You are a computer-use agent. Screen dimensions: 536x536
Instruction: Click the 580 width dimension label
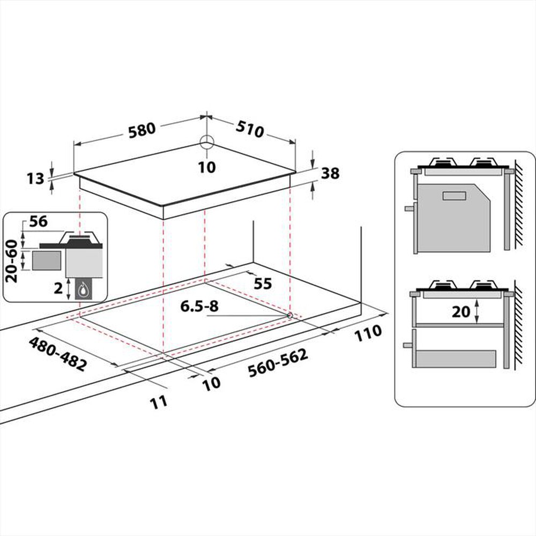(x=142, y=130)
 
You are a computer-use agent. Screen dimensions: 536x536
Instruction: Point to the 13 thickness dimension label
(x=35, y=179)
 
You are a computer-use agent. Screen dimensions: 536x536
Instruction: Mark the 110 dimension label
(x=368, y=332)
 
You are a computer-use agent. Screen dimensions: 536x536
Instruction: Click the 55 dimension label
(x=263, y=284)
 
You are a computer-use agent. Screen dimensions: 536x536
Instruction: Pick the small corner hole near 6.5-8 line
(x=289, y=316)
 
